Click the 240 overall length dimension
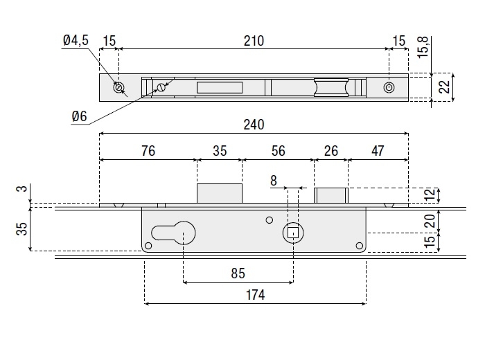pyautogui.click(x=254, y=125)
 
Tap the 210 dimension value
pyautogui.click(x=254, y=41)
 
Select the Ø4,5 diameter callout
pyautogui.click(x=76, y=41)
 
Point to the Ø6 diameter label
pyautogui.click(x=79, y=117)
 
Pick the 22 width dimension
pyautogui.click(x=445, y=87)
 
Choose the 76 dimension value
pyautogui.click(x=148, y=151)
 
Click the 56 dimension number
pyautogui.click(x=279, y=151)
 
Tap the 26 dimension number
pyautogui.click(x=331, y=151)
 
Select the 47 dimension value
pyautogui.click(x=378, y=151)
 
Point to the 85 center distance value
pyautogui.click(x=238, y=273)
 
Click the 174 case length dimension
pyautogui.click(x=255, y=295)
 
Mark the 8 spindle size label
pyautogui.click(x=274, y=181)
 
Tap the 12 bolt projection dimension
pyautogui.click(x=430, y=195)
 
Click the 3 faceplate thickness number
pyautogui.click(x=21, y=189)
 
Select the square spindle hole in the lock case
pyautogui.click(x=292, y=233)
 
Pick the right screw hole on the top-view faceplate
pyautogui.click(x=389, y=88)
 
